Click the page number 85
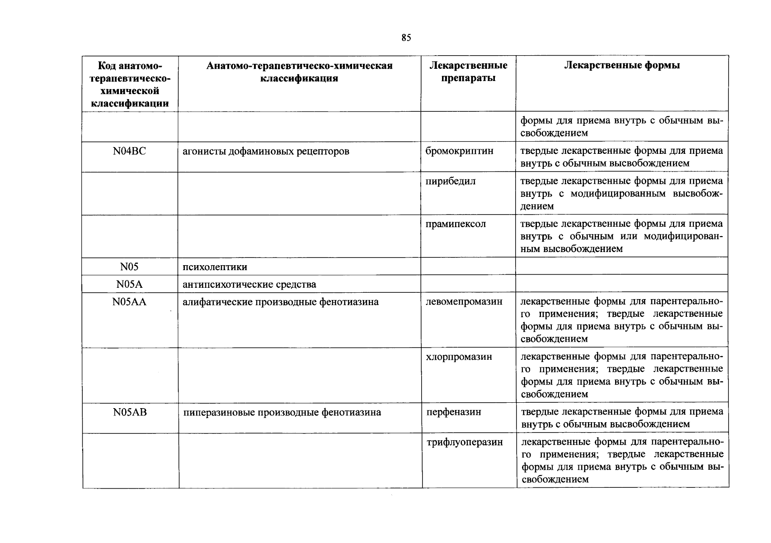coord(406,38)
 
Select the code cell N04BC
coord(130,151)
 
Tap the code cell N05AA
coord(130,302)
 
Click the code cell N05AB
coord(130,412)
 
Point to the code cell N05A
coord(130,284)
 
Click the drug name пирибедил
coord(450,181)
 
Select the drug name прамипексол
coord(456,224)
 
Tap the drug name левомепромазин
coord(464,302)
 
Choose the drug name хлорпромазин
coord(459,357)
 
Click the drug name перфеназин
coord(454,412)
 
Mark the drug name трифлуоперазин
coord(465,443)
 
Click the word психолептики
coord(215,267)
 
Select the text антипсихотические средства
coord(249,285)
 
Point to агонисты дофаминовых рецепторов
coord(266,151)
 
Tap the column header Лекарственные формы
coord(622,66)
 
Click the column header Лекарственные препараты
coord(468,72)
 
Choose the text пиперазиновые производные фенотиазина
coord(282,412)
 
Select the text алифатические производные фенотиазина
coord(280,302)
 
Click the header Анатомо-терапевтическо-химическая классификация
coord(299,72)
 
